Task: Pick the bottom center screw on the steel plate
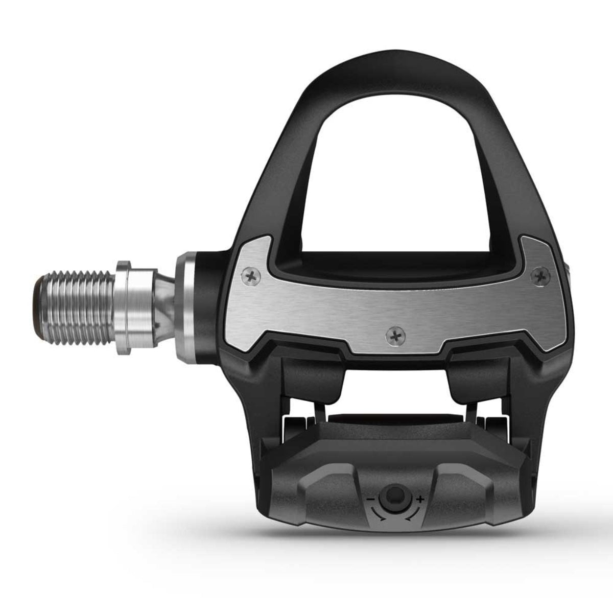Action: tap(392, 335)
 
